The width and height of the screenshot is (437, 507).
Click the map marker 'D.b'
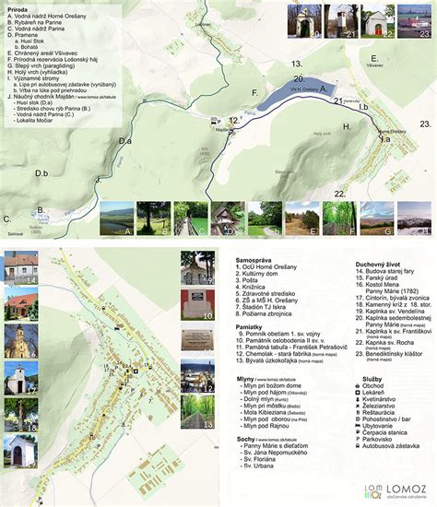(41, 172)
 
